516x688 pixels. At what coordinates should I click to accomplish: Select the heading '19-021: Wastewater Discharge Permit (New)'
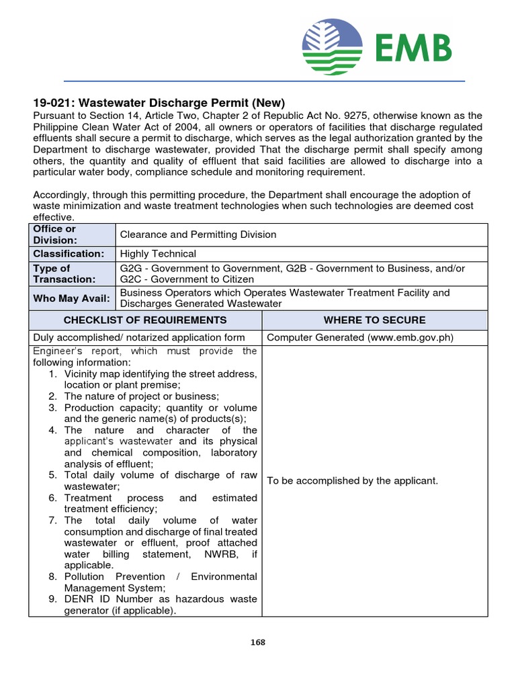[x=159, y=103]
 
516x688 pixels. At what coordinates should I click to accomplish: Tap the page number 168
[x=257, y=642]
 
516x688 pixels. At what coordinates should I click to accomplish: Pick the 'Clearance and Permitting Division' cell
[x=198, y=234]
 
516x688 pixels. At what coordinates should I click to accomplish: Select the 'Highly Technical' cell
[x=158, y=253]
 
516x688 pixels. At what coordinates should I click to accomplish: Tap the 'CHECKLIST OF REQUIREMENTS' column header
[x=145, y=320]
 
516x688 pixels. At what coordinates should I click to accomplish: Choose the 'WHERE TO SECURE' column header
[x=374, y=320]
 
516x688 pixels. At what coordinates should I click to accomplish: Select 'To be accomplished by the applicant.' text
[x=352, y=480]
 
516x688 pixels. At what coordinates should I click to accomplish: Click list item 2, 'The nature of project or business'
[x=142, y=396]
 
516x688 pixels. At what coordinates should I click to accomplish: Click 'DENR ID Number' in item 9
[x=101, y=599]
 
